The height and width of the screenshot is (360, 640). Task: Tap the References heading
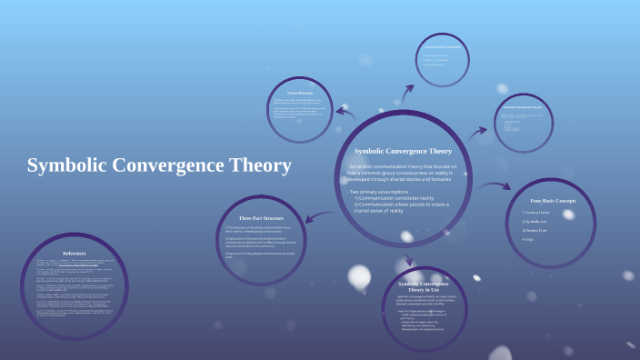pos(75,253)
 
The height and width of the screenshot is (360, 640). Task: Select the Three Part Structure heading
pos(262,218)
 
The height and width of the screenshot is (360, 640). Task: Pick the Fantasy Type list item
pos(537,231)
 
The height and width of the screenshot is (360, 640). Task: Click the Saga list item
pos(528,240)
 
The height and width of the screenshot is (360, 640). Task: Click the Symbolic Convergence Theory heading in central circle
pos(402,151)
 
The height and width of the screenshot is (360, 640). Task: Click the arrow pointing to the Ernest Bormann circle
pos(346,113)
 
